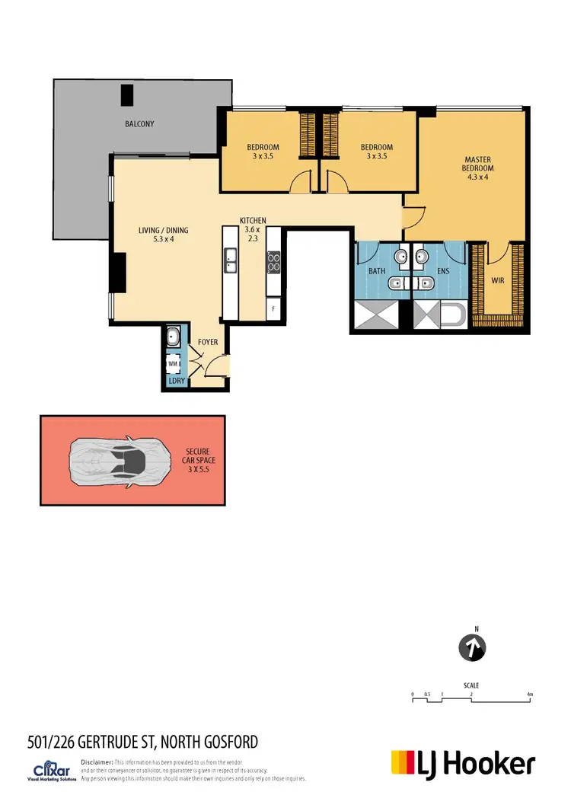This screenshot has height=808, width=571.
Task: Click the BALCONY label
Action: coord(140,123)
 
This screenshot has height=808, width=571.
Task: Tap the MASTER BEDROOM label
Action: coord(480,168)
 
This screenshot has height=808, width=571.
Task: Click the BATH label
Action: coord(377,270)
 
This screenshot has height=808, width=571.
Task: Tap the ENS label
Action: coord(443,270)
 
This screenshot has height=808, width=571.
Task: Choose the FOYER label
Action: coord(208,342)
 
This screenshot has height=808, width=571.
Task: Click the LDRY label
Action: coord(177,379)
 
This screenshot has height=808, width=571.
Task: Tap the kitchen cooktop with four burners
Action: coord(273,262)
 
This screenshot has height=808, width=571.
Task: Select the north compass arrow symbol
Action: coord(473,648)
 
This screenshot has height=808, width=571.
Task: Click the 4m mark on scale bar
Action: coord(530,695)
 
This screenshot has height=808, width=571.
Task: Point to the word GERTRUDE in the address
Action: coord(116,741)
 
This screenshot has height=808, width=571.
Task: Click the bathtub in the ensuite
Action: coord(451,315)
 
